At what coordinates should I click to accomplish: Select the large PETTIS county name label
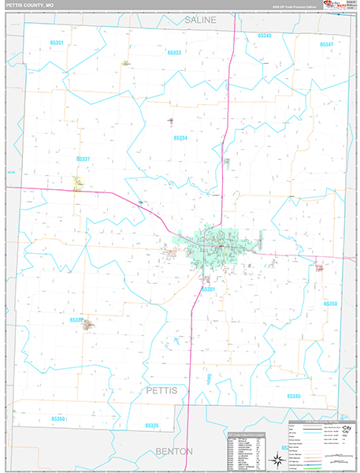(167, 391)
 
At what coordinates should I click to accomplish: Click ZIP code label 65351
(56, 43)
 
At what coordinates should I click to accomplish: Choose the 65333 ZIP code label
(174, 52)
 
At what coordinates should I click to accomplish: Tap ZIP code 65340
(263, 36)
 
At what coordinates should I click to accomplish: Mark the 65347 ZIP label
(326, 44)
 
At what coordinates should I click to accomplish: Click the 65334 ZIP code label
(180, 138)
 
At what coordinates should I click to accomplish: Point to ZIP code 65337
(83, 158)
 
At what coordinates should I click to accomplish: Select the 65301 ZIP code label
(208, 289)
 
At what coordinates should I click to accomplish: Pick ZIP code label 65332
(76, 319)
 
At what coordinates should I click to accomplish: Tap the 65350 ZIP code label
(330, 303)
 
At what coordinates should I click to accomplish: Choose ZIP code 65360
(58, 419)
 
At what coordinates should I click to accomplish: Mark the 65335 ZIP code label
(152, 425)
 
